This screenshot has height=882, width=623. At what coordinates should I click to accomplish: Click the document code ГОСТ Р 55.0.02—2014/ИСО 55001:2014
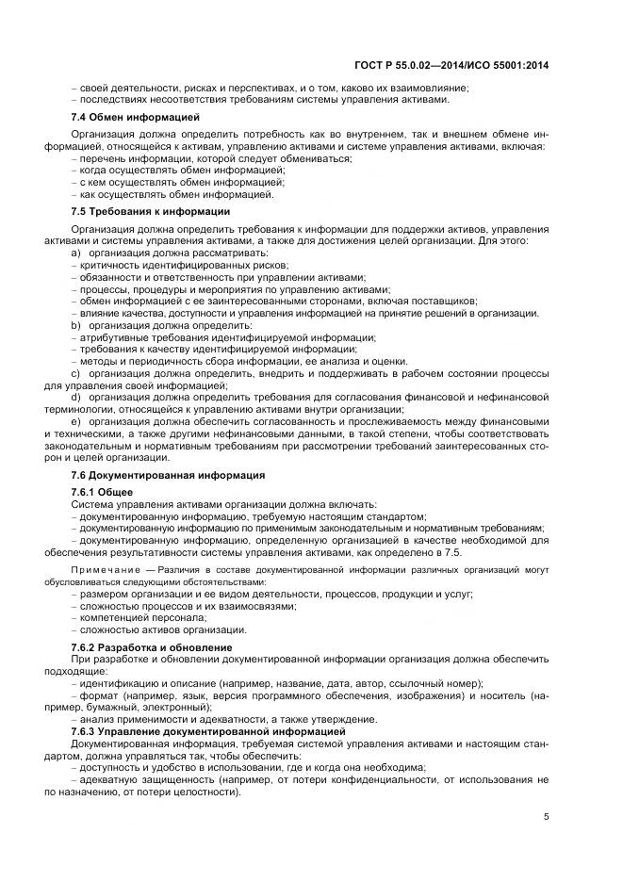click(x=466, y=64)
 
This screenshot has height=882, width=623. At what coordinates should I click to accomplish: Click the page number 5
click(x=547, y=816)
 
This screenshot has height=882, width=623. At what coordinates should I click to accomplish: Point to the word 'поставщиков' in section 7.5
click(x=447, y=302)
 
